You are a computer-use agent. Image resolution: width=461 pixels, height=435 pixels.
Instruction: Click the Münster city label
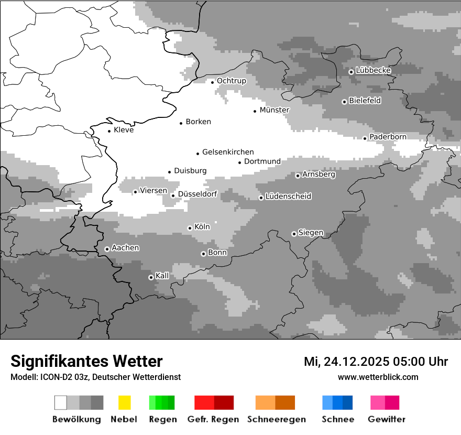[275, 110]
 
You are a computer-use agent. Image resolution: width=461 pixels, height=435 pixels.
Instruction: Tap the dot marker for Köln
[190, 228]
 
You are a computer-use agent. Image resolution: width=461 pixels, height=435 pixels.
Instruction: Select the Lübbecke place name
[374, 70]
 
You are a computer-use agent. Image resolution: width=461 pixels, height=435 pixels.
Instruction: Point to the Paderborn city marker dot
[365, 138]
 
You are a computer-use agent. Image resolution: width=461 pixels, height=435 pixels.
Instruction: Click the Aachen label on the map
[125, 248]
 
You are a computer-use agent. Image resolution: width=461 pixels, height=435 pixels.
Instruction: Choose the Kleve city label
[124, 130]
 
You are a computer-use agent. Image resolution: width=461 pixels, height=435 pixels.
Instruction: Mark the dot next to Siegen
[294, 234]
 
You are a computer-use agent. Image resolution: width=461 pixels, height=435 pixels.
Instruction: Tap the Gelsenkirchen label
[228, 152]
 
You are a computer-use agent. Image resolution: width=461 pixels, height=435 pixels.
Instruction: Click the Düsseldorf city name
[197, 194]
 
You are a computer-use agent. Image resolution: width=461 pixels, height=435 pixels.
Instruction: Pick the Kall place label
[162, 276]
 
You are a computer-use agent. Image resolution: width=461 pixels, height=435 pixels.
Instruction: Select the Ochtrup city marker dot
[213, 82]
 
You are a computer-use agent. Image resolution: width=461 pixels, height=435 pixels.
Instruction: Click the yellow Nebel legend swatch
[124, 403]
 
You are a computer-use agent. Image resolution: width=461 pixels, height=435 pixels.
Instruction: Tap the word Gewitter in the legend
[387, 419]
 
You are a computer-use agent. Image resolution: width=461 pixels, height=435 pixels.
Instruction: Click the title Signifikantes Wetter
[86, 361]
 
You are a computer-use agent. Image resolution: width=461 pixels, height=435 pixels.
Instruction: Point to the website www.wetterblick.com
[378, 377]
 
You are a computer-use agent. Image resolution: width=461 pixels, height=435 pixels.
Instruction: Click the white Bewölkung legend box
[61, 403]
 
